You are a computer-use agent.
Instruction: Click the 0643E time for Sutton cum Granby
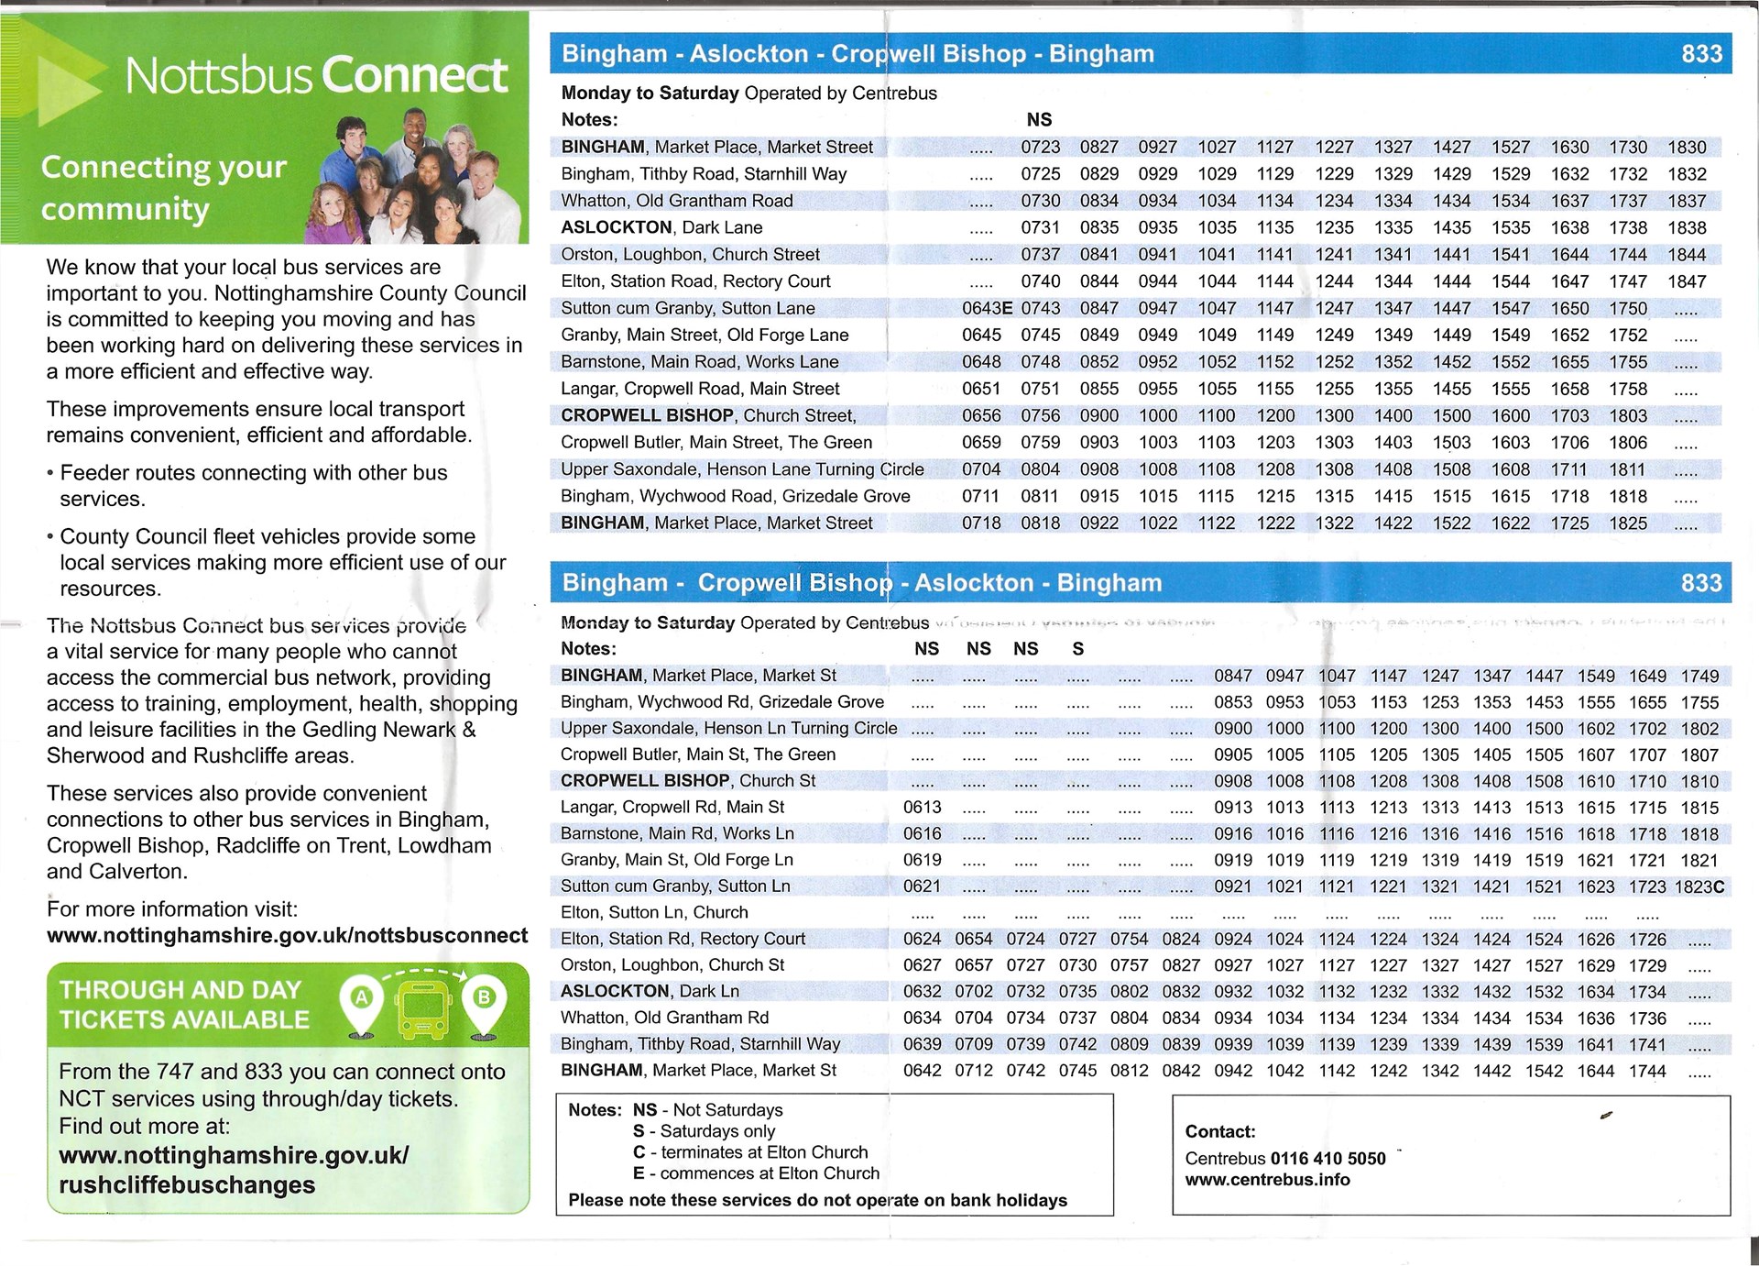tap(987, 309)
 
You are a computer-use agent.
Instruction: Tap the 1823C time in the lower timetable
tap(1699, 887)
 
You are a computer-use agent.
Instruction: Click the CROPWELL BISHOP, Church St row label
tap(688, 781)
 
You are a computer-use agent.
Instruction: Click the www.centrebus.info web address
tap(1267, 1180)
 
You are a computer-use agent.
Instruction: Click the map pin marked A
tap(362, 1004)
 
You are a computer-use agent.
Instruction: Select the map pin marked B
tap(484, 1004)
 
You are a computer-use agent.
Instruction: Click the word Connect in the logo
tap(414, 75)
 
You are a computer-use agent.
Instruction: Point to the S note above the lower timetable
tap(1078, 649)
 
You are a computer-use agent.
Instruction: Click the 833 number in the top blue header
tap(1701, 54)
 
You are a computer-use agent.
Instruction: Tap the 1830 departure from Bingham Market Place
tap(1687, 148)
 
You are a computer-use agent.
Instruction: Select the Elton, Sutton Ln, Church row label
tap(654, 913)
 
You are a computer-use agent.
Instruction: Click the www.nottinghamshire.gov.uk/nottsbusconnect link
tap(287, 936)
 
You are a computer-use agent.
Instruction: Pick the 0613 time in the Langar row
tap(922, 808)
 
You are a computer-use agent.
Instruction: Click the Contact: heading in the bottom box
tap(1220, 1132)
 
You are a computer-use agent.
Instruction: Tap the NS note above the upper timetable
tap(1039, 120)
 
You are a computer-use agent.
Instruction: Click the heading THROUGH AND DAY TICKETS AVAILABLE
tap(184, 1005)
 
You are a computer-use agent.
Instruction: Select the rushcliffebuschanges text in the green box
tap(187, 1185)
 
